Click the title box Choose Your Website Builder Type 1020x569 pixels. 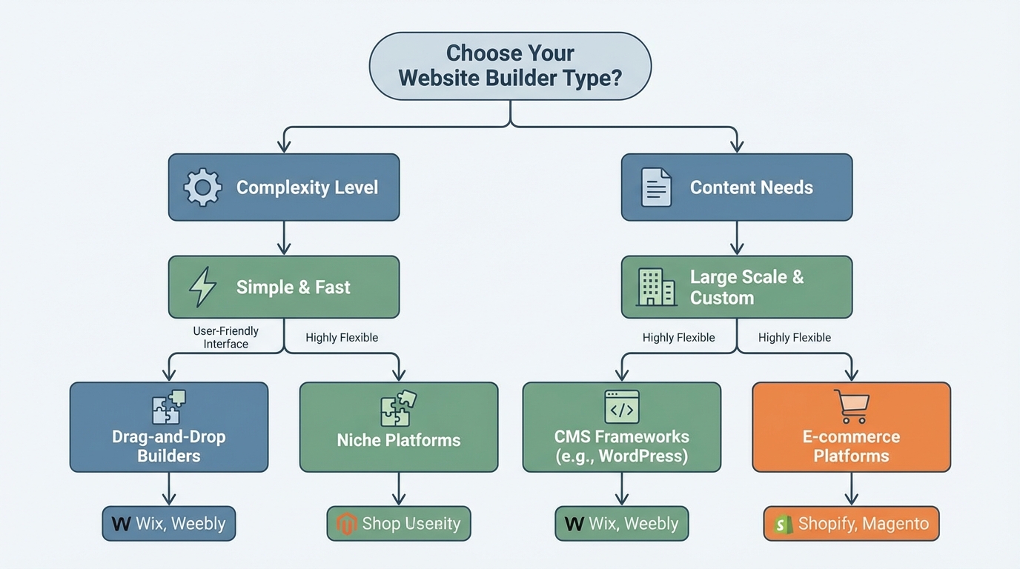point(510,65)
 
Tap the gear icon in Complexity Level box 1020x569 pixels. point(202,187)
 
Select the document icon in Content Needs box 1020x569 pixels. point(656,187)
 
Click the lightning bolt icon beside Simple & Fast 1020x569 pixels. point(202,287)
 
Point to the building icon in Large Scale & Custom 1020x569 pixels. point(656,287)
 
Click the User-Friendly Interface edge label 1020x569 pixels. point(225,337)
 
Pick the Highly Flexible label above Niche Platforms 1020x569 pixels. point(342,337)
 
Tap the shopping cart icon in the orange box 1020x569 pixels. point(851,407)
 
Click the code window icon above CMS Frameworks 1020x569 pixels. point(621,407)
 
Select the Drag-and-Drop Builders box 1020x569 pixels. point(169,427)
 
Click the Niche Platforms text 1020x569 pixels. point(399,440)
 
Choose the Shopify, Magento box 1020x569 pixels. point(851,524)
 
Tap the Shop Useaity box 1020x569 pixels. point(399,524)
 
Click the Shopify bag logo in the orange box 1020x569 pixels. point(783,524)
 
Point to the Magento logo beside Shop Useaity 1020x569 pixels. point(346,524)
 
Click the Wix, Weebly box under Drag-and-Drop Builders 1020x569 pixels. point(169,524)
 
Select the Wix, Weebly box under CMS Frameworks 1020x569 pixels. point(621,524)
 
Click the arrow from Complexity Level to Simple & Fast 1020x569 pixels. point(284,239)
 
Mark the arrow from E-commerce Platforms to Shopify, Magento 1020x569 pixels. point(851,489)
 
